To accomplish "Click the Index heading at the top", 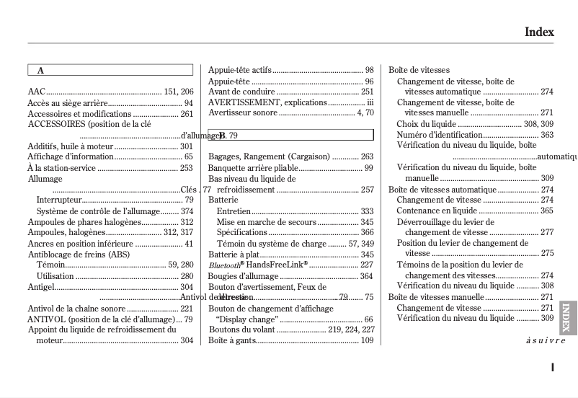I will (x=538, y=32).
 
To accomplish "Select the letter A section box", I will (x=110, y=71).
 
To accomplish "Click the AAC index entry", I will (x=37, y=92).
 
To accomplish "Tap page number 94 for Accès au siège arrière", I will (x=188, y=103).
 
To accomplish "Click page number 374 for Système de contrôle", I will (x=187, y=211).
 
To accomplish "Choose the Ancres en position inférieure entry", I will (x=81, y=244).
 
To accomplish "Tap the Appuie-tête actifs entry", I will (x=240, y=70).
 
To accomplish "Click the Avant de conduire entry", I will (x=241, y=92).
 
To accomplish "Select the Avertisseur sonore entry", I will (x=243, y=112).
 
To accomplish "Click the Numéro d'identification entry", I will (x=439, y=135).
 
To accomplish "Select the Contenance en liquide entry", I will (x=437, y=211).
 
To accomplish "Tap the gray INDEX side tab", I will (x=567, y=318).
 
